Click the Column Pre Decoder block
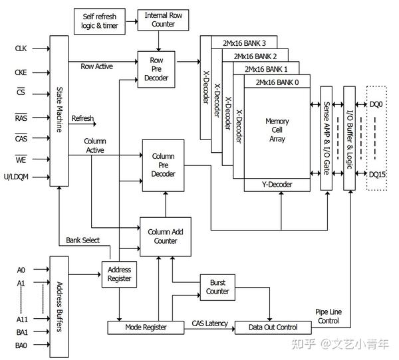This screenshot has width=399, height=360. [163, 165]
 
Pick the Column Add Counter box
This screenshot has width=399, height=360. [166, 236]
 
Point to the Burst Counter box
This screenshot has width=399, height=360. [217, 287]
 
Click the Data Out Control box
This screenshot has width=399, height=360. [274, 327]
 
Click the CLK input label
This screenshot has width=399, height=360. [21, 48]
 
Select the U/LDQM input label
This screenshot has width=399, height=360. [17, 177]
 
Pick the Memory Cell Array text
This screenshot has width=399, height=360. [277, 130]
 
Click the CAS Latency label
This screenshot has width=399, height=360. [209, 323]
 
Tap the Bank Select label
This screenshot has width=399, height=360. [82, 240]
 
